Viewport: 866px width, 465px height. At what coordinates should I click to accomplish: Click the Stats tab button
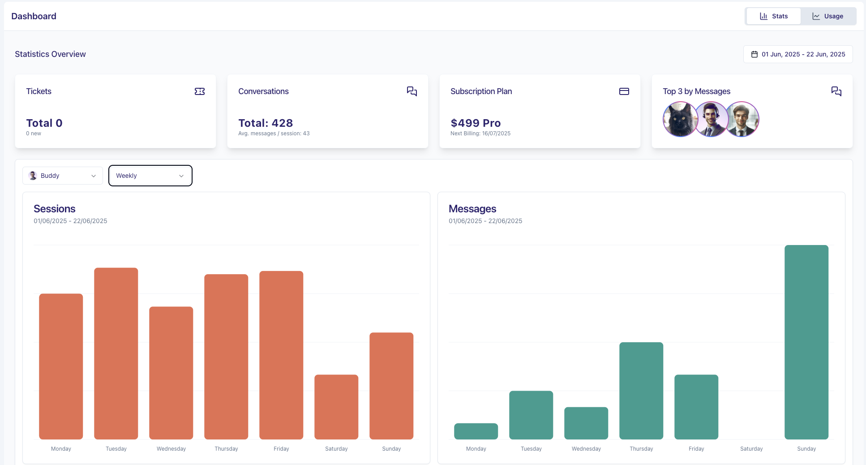pos(773,16)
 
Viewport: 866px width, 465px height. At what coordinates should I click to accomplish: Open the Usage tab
pos(828,16)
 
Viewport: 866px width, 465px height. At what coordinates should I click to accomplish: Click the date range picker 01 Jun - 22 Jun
pos(798,54)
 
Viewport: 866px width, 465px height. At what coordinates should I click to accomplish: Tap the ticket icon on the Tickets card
pos(200,91)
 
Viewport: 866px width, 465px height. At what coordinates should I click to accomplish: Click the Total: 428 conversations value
pos(266,123)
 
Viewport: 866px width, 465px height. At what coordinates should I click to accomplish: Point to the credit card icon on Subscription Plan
pos(624,91)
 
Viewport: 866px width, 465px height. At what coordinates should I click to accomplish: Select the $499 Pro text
pos(476,123)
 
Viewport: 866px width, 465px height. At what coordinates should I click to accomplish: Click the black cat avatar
pos(679,119)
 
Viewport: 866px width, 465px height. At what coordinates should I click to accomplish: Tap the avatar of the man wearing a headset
pos(711,119)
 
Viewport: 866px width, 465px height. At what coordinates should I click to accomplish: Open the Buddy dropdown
pos(63,176)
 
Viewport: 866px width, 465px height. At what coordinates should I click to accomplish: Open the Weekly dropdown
pos(150,176)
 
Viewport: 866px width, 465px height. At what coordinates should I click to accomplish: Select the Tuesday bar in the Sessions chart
pos(116,353)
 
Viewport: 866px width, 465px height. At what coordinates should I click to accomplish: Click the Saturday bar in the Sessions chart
pos(336,407)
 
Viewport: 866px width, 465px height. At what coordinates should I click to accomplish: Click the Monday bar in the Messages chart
pos(476,431)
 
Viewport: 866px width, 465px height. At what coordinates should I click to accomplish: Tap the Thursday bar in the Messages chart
pos(641,391)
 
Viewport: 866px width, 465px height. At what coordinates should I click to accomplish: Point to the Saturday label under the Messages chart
pos(751,449)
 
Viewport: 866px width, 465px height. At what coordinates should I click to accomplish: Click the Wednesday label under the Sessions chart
pos(171,449)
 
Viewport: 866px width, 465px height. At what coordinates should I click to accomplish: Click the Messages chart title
pos(472,209)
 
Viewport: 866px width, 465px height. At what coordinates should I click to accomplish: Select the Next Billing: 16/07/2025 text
pos(480,133)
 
